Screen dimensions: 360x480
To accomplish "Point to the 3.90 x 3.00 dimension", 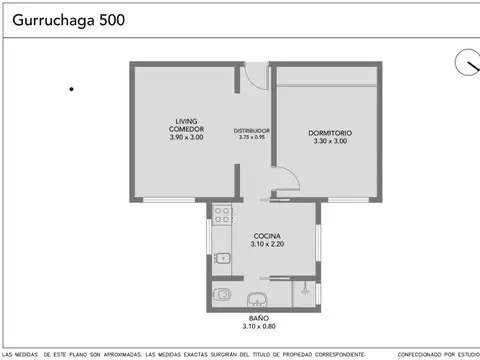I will tap(186, 137).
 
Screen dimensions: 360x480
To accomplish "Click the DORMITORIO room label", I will tap(330, 133).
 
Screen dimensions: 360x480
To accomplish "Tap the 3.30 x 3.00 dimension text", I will tap(330, 142).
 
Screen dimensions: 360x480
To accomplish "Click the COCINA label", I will tap(266, 235).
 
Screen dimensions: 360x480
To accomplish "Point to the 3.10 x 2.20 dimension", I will tap(266, 244).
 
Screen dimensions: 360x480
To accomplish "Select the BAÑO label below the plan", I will tap(265, 318).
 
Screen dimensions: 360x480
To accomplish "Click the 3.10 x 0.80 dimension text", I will tap(265, 327).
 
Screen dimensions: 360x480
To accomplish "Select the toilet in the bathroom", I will tap(222, 294).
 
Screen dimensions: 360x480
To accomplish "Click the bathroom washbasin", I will tap(258, 298).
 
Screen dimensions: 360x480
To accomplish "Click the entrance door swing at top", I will tap(257, 74).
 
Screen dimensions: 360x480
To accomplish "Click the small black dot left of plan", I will tap(72, 90).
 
